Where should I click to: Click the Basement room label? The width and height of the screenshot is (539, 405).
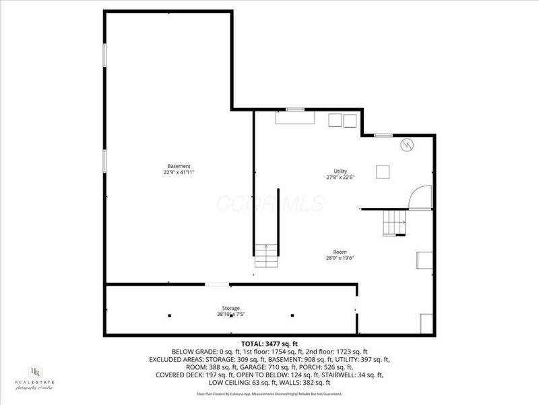click(179, 166)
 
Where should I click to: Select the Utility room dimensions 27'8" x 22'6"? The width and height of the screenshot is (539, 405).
click(340, 178)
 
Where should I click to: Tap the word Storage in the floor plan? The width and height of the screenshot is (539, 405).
click(231, 308)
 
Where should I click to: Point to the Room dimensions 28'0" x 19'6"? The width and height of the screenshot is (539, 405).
click(340, 256)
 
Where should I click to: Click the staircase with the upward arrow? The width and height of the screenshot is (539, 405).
click(266, 256)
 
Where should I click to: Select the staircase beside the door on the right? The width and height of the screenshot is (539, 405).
click(393, 221)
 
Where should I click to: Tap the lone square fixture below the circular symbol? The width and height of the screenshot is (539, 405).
click(383, 171)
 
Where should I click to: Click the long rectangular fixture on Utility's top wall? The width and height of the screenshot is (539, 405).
click(295, 118)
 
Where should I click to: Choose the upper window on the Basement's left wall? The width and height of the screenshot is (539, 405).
click(104, 55)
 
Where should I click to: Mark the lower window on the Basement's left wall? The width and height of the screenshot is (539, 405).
click(104, 160)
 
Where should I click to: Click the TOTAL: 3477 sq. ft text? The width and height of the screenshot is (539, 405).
click(269, 344)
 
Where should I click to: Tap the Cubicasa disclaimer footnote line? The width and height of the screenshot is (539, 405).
click(269, 394)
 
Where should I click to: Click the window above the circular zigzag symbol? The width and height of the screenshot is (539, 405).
click(383, 136)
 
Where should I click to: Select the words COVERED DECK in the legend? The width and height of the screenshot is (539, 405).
click(178, 375)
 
